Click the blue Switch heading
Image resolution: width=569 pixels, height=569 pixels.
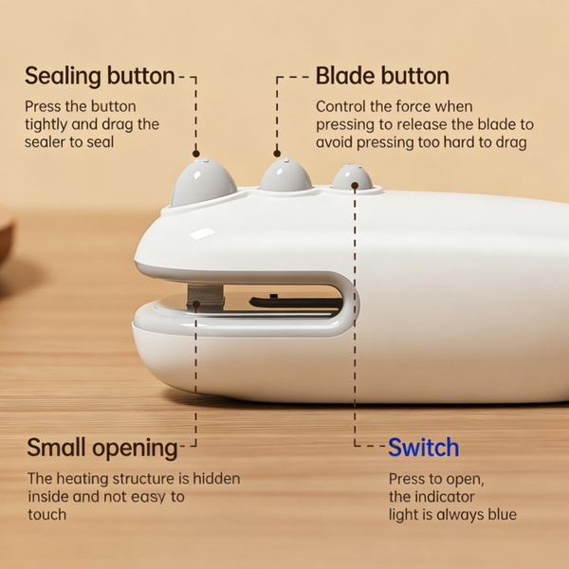[x=424, y=447]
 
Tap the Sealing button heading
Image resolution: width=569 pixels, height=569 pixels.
[x=100, y=76]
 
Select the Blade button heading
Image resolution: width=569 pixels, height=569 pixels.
[x=382, y=76]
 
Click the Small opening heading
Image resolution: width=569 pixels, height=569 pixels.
[x=102, y=448]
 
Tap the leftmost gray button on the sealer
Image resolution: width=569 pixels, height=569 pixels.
[x=203, y=181]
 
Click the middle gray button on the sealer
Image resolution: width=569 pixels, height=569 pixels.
[x=286, y=174]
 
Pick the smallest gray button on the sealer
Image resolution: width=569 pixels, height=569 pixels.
[x=352, y=176]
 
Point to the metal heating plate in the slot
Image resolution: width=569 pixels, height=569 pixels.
[x=206, y=299]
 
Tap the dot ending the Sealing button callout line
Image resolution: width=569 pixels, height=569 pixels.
[x=196, y=154]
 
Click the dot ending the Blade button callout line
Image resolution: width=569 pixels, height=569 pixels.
[x=277, y=154]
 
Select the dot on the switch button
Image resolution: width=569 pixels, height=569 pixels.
[x=355, y=186]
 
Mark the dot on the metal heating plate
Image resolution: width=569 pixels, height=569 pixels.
[x=196, y=304]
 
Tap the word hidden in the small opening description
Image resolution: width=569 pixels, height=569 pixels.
[x=216, y=479]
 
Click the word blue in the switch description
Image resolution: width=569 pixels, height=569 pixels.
[x=503, y=514]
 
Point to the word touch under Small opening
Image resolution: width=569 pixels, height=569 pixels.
[x=47, y=515]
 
